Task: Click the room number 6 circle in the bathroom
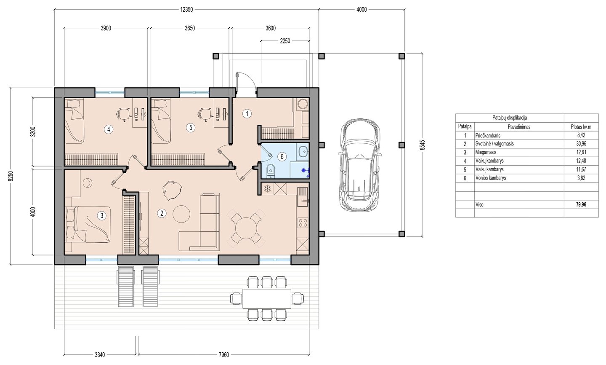point(282,157)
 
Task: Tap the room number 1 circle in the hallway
point(247,113)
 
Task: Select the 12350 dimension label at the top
point(186,10)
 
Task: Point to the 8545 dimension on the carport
point(423,145)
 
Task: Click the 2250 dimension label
point(285,41)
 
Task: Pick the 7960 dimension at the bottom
point(223,355)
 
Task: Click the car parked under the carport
point(360,165)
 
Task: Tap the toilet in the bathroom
point(270,171)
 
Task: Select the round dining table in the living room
point(246,228)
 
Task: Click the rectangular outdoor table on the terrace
point(267,298)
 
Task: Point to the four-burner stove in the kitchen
point(303,223)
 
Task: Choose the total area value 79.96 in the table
point(581,204)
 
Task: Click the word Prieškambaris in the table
point(488,135)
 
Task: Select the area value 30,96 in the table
point(581,144)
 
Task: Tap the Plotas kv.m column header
point(581,127)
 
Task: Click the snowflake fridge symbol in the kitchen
point(267,189)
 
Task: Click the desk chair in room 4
point(123,113)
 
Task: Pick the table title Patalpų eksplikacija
point(510,118)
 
